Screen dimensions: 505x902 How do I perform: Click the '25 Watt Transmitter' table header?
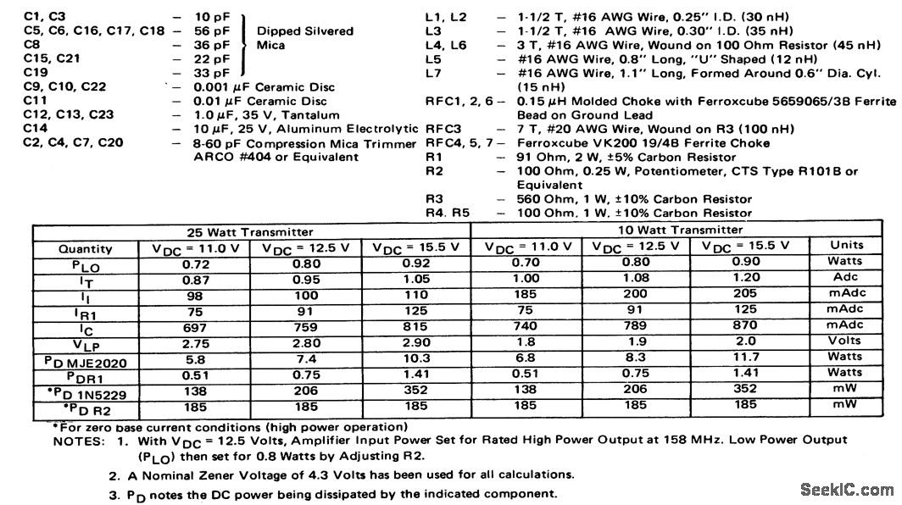(x=249, y=232)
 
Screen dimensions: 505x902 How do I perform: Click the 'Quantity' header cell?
(x=85, y=249)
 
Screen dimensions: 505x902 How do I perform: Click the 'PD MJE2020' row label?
(x=84, y=359)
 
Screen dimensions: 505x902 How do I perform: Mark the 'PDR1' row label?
(x=84, y=375)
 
